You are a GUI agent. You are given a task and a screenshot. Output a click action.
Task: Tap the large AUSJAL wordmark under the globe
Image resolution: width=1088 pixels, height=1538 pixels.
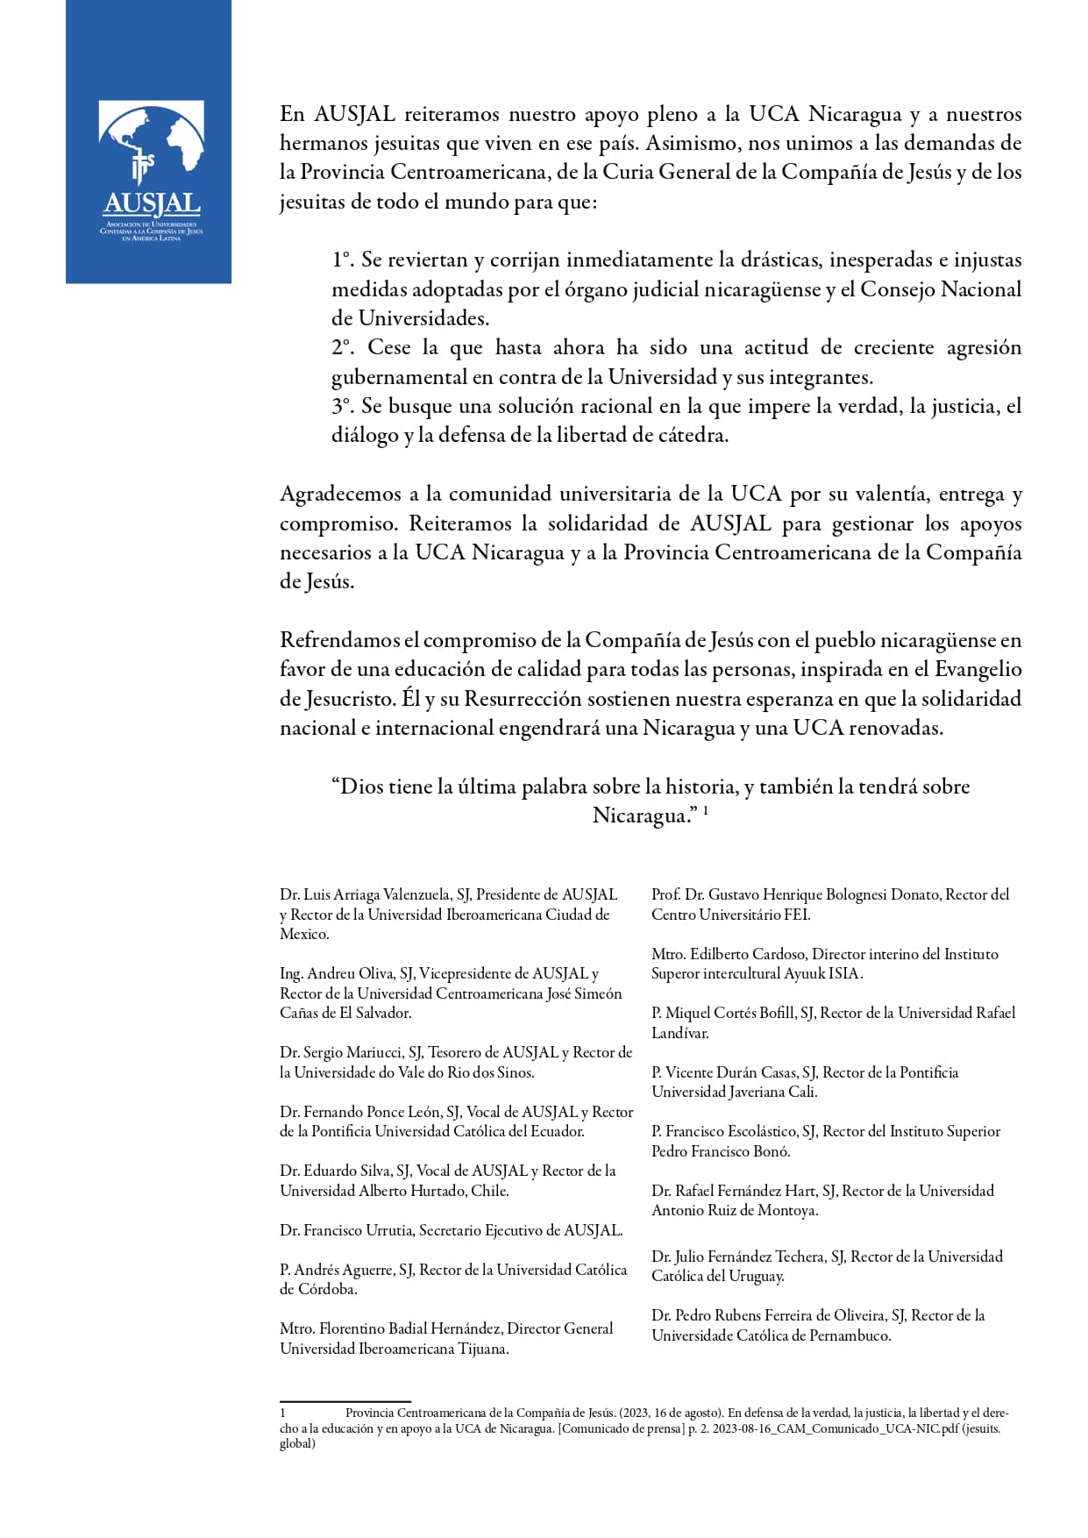point(152,205)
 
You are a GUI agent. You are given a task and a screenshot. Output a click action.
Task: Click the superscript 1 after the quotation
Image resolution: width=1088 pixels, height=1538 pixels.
point(706,811)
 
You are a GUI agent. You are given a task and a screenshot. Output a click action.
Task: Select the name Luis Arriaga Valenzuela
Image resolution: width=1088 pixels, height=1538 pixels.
point(377,895)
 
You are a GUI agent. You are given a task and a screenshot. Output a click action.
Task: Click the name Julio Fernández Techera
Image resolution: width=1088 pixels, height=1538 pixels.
point(745,1257)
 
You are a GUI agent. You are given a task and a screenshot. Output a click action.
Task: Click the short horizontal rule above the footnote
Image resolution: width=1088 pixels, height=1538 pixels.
point(345,1402)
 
